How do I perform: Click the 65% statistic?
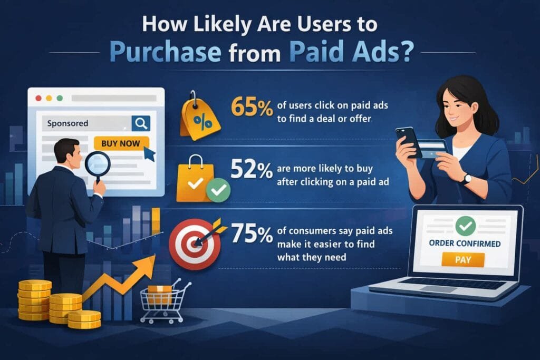point(252,108)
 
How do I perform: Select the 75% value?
point(252,234)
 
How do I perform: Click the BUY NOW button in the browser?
point(121,142)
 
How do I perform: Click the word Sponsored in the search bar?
point(67,123)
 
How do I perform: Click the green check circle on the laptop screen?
point(465,227)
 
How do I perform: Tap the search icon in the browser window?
point(141,123)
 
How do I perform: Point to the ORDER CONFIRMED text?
point(465,244)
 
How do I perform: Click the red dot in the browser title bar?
point(38,98)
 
